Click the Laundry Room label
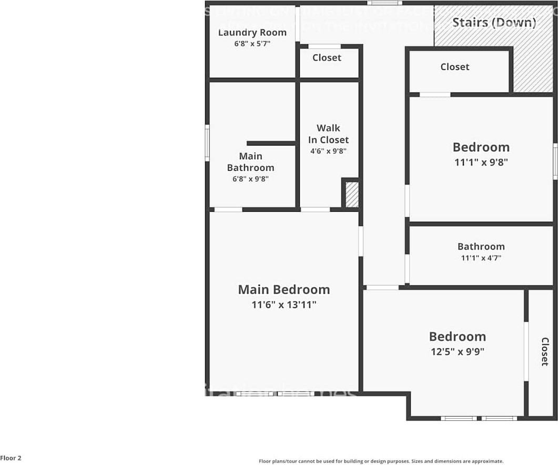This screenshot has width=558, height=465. pos(252,33)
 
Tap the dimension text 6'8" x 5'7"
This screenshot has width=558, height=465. pos(252,44)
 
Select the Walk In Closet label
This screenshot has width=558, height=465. pos(328,134)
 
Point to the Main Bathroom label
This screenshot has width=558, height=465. pos(250,162)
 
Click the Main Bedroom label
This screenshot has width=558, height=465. pos(284,290)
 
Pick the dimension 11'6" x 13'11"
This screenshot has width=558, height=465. pos(284,304)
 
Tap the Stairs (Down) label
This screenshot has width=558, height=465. pos(494,23)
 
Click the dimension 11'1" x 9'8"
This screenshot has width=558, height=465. pos(481,162)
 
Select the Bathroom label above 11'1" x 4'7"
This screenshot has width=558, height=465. pos(481,246)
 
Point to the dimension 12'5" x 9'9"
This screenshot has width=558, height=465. pos(458,352)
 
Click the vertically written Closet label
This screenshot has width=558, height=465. pos(544,352)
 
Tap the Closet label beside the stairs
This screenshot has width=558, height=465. pos(455,67)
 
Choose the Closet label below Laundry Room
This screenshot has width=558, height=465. pos(327,58)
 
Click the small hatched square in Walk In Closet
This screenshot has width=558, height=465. pos(352,194)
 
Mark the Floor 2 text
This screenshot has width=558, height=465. pos(11,458)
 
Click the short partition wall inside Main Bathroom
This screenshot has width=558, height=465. pos(271,143)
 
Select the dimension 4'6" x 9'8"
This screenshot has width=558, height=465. pos(328,151)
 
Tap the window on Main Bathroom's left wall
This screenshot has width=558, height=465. pos(207,142)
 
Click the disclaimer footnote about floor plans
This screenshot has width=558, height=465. pos(381,461)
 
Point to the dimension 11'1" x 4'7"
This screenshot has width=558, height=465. pos(481,258)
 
